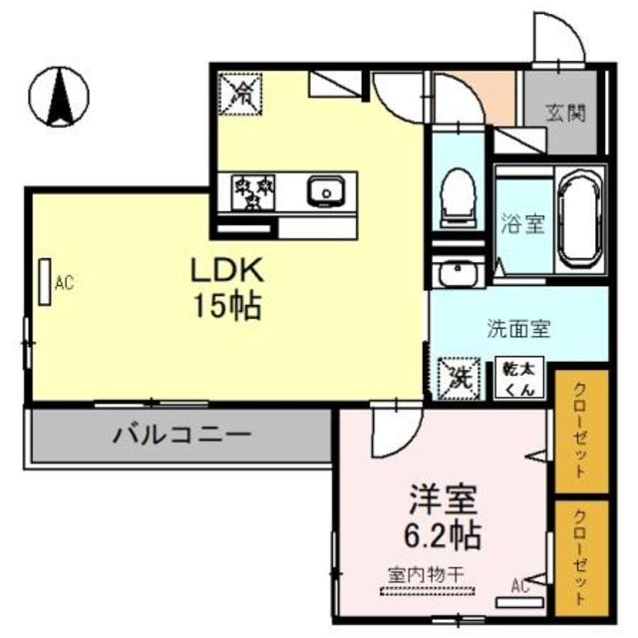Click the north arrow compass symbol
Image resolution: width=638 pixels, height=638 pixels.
click(58, 96)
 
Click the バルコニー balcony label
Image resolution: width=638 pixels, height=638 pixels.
click(180, 436)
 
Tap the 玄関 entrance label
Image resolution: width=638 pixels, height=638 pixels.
click(565, 113)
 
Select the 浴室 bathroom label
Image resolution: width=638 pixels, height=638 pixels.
click(521, 223)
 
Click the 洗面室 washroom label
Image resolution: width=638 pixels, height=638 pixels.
click(519, 327)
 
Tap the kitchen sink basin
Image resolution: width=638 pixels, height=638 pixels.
click(325, 190)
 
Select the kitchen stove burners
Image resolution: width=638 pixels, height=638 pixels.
click(246, 191)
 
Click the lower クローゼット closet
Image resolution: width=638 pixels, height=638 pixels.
click(582, 556)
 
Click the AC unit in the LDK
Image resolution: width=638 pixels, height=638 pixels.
click(45, 282)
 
